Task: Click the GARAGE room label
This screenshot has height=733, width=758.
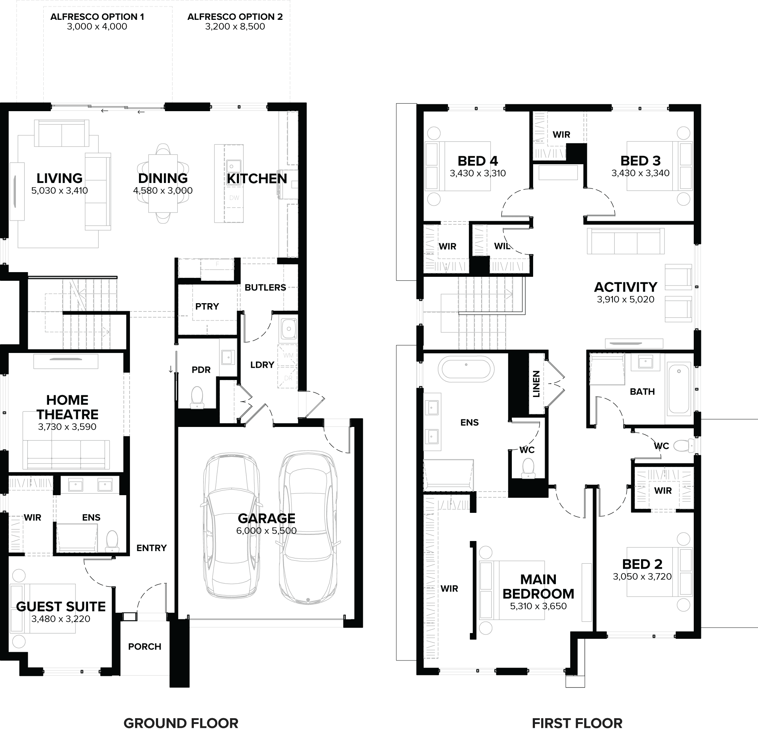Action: point(266,518)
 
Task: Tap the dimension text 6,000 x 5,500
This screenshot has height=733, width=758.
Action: point(266,531)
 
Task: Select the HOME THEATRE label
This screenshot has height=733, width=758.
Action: point(67,407)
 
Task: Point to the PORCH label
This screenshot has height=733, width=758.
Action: point(145,646)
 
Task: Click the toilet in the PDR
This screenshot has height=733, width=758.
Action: point(197,397)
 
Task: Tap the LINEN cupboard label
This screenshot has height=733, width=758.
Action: point(536,384)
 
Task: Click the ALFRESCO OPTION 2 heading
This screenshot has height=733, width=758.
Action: point(235,17)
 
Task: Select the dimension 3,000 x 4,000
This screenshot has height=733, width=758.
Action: point(97,27)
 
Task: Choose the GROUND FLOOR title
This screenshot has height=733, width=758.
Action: point(180,723)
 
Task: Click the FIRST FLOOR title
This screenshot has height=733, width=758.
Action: point(577,723)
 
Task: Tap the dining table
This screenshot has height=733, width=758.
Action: point(163,184)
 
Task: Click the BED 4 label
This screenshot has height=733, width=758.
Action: point(478,161)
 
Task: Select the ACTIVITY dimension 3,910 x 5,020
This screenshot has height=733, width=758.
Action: point(625,299)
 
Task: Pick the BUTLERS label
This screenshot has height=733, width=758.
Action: point(265,287)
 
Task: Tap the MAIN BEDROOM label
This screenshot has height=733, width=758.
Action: point(538,586)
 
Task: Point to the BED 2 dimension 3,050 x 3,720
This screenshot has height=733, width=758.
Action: point(642,576)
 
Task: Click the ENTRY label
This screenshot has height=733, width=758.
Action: point(152,548)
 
